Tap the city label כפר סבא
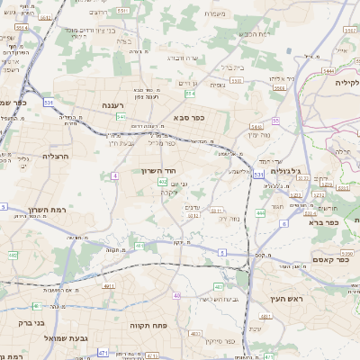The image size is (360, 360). (184, 117)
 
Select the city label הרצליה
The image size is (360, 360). (56, 155)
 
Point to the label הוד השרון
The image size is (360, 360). (158, 170)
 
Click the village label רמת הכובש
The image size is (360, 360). (253, 33)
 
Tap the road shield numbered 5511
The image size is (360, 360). (122, 11)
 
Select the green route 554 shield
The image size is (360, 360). (190, 94)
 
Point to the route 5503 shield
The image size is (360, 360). (237, 81)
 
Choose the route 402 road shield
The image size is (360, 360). (163, 182)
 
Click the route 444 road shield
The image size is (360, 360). (259, 212)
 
